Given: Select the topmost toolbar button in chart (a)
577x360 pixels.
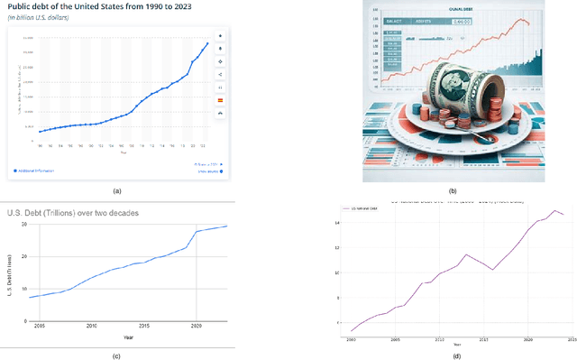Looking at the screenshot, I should [x=221, y=36].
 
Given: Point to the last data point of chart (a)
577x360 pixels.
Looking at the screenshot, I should [x=207, y=43].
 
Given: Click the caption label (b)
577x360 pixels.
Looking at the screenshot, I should [x=452, y=191].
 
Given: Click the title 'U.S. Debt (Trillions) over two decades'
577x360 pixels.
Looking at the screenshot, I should [x=82, y=212].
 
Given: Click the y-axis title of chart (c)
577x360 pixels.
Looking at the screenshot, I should [x=11, y=271].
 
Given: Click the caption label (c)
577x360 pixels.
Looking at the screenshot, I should [x=115, y=355].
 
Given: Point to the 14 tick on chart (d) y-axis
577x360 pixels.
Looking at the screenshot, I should [x=336, y=222].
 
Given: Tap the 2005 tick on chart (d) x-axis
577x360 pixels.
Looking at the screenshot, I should [x=395, y=340].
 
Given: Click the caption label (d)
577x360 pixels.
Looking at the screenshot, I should [x=456, y=355].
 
